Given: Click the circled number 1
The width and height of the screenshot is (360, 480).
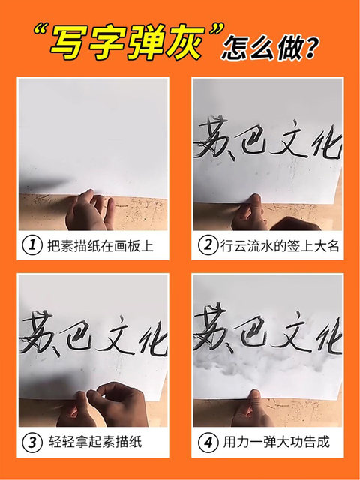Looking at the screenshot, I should [32, 246].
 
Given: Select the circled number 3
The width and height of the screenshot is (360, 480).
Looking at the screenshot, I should [32, 442].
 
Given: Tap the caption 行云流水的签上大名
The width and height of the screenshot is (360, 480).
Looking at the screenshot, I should [278, 246].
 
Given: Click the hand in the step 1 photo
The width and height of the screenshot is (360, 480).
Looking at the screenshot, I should [88, 211].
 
